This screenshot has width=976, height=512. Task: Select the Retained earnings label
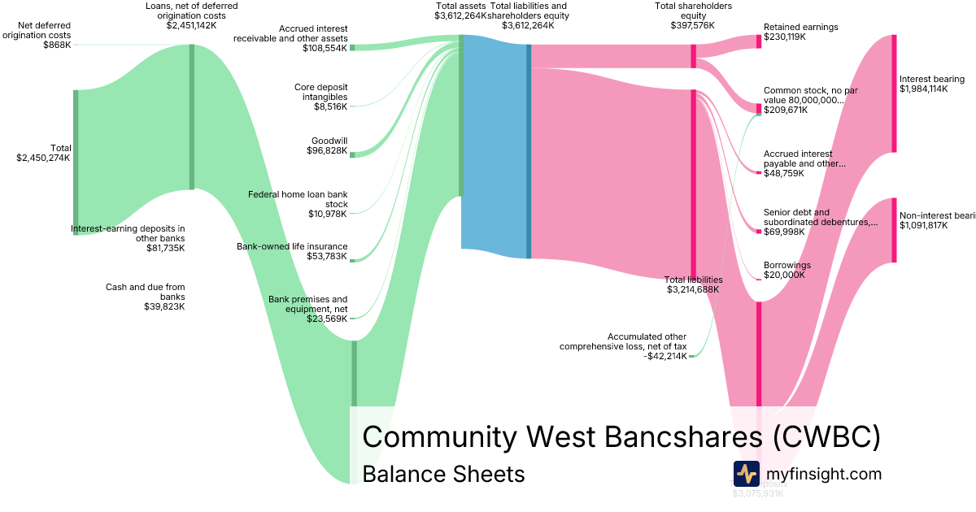coord(800,27)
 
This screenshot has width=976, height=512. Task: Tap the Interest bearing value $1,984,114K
coord(923,89)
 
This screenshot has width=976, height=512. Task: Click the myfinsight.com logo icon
coord(746,474)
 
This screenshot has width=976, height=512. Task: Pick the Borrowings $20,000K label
coord(787,270)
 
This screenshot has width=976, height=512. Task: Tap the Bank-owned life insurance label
coord(292,246)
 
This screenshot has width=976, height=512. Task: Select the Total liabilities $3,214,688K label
coord(694,284)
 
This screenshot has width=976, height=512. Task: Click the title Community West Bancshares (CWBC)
coord(621,436)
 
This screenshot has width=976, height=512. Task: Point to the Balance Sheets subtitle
coord(443,474)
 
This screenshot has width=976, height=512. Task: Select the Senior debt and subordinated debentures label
coord(821,217)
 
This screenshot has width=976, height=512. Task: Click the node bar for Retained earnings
coord(759,41)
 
